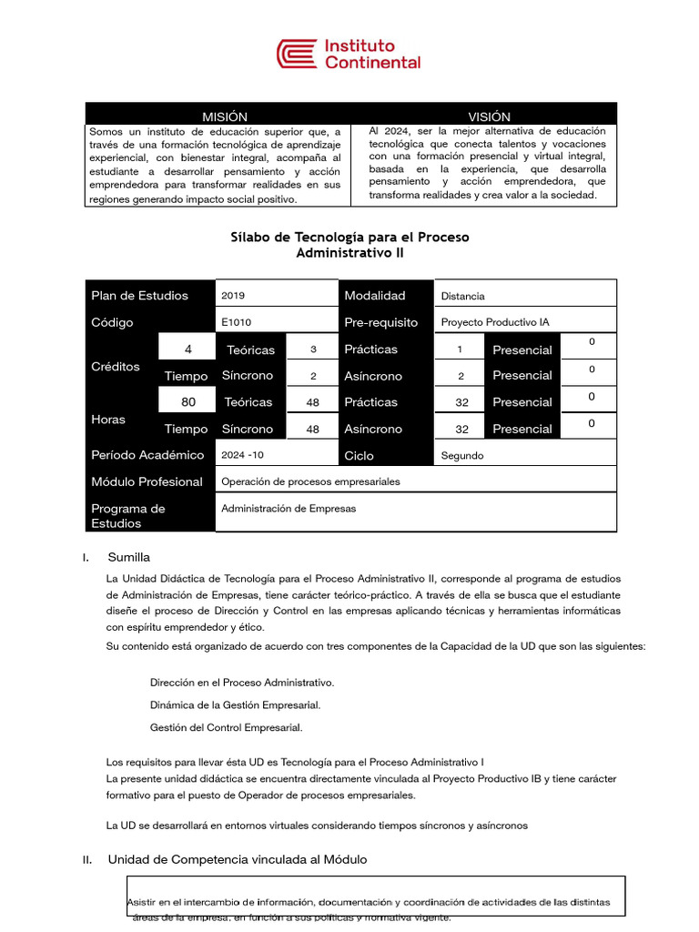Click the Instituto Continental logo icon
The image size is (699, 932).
298,54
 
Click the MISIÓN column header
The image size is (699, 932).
224,116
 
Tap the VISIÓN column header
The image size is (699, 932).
489,116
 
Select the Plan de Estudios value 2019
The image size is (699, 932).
233,296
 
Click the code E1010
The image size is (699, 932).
237,322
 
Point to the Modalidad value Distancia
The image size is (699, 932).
462,296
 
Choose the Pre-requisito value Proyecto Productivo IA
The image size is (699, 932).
494,322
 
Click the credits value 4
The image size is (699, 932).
188,349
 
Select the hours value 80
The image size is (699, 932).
188,401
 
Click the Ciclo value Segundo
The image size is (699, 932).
462,455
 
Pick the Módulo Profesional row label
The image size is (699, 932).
147,481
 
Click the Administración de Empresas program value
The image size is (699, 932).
289,509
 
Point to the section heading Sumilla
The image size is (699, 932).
129,557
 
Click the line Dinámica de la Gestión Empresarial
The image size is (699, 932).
235,704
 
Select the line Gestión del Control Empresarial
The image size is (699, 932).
226,727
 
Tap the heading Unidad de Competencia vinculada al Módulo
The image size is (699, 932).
238,859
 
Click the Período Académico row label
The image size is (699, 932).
147,455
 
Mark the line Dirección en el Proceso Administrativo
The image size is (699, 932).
242,682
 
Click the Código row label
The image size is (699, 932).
112,322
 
